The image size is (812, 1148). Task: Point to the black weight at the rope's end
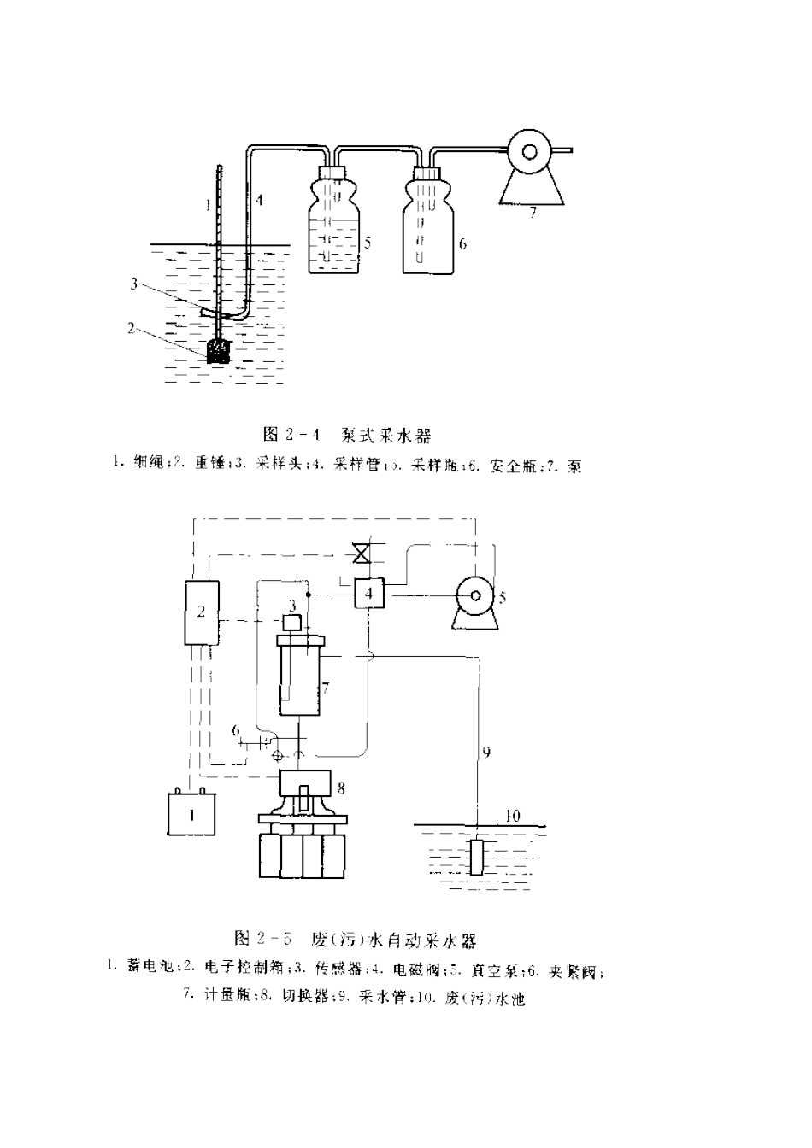219,351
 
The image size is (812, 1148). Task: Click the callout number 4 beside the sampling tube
259,200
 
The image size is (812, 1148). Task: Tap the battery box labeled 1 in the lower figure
191,813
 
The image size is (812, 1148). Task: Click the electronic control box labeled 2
202,611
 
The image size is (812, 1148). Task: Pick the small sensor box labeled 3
292,622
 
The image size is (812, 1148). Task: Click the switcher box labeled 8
305,782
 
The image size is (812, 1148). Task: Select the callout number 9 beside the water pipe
485,753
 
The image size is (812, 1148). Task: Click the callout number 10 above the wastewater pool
513,816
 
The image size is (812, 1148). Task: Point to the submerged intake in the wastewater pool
476,858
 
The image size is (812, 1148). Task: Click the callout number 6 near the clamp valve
235,729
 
